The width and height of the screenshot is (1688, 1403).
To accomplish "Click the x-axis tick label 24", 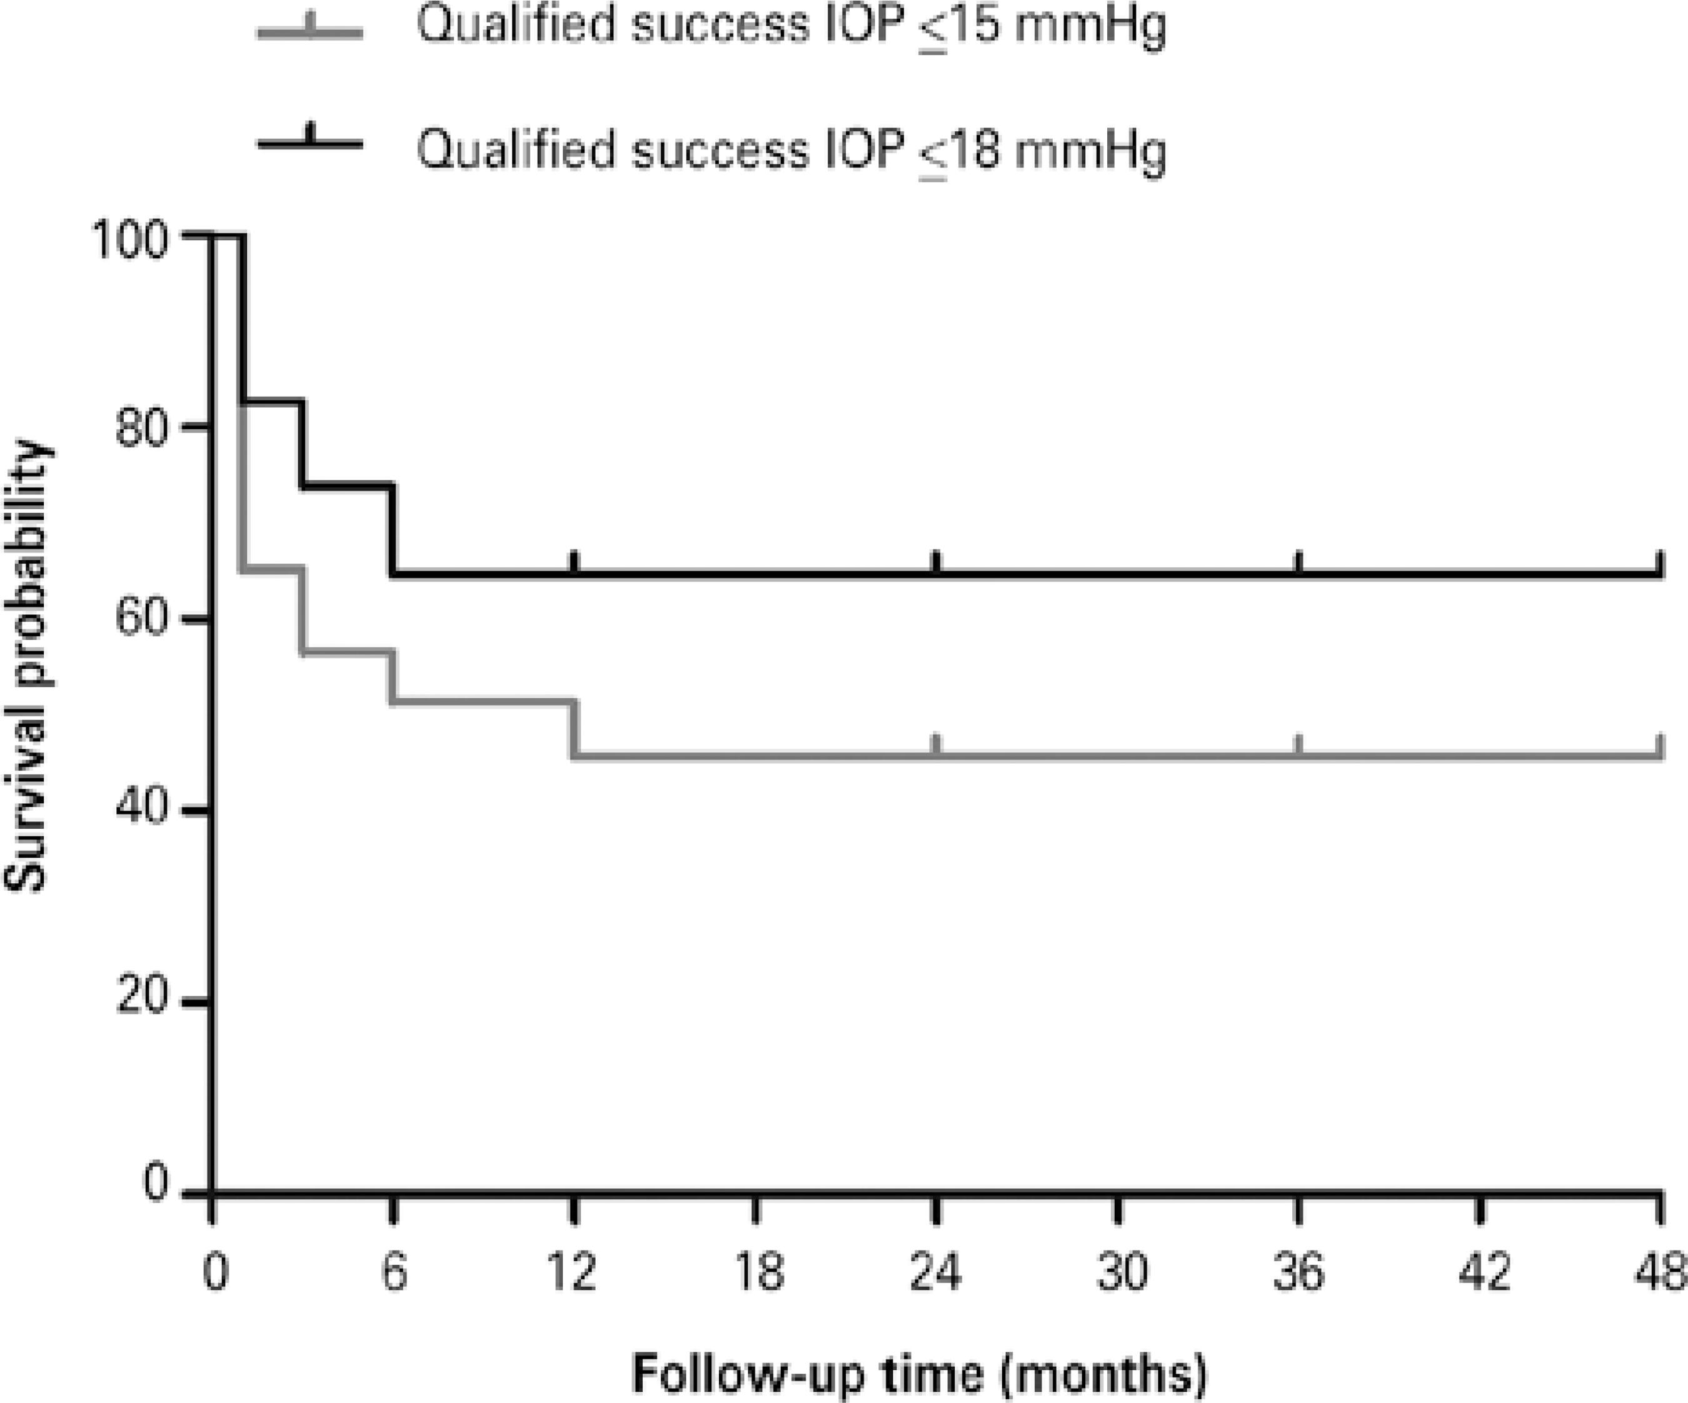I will [936, 1273].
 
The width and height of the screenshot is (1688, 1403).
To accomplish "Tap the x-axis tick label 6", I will [393, 1273].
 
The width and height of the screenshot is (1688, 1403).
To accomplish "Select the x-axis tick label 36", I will [1298, 1273].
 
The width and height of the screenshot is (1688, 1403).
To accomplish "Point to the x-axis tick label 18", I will [756, 1273].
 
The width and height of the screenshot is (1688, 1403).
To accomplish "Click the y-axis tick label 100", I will [132, 240].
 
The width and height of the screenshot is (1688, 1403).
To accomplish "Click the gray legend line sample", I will [310, 31].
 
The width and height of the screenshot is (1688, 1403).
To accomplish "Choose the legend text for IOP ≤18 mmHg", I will [790, 150].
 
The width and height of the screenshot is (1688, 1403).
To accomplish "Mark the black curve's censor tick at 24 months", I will [937, 561].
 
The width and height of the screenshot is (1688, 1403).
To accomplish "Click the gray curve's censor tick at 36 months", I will [1298, 744].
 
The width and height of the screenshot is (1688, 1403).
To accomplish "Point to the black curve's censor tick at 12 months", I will [574, 561].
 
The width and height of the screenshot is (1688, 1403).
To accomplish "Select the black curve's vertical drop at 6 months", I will [392, 530].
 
